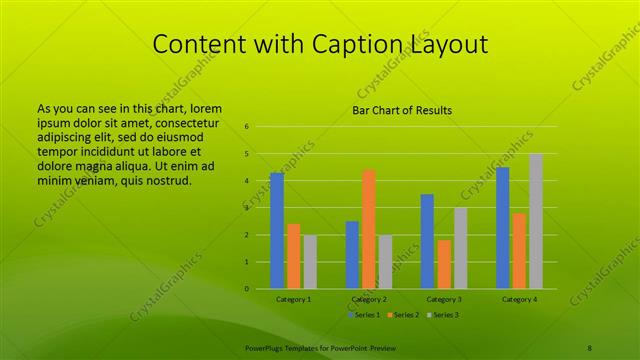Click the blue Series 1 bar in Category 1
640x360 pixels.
tap(277, 231)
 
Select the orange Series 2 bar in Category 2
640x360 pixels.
tap(368, 229)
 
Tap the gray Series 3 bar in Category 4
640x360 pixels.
tap(536, 221)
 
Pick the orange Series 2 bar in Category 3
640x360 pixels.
tap(444, 264)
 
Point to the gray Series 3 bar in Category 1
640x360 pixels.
tap(310, 262)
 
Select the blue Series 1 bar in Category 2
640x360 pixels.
tap(352, 255)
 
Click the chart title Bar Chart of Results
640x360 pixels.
tap(402, 110)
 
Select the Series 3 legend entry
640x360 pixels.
tap(442, 315)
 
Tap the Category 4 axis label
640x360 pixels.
tap(519, 299)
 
